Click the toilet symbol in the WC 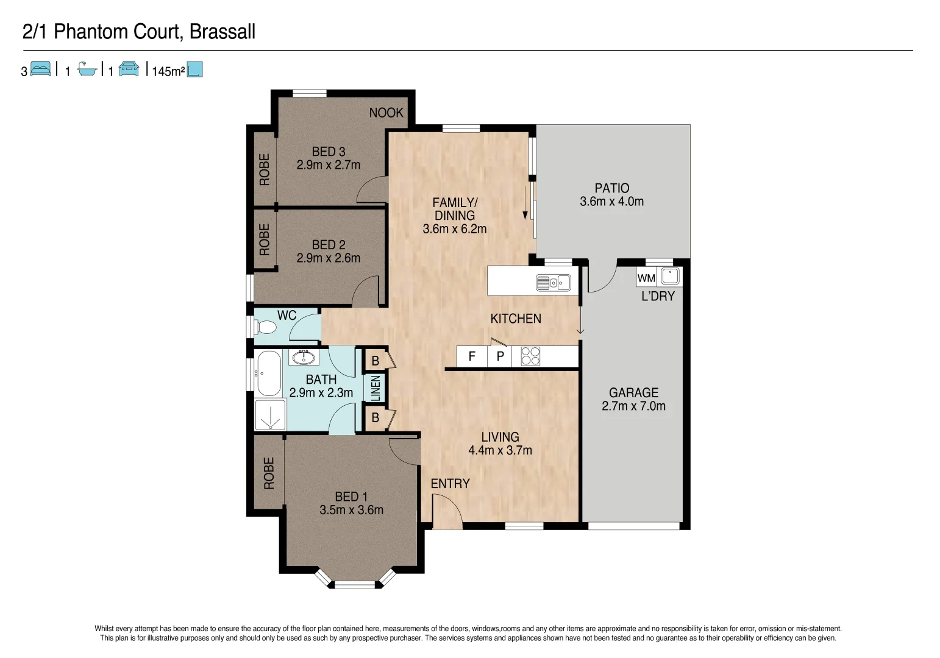(x=266, y=328)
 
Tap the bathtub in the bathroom (x=269, y=373)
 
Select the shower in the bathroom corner (x=269, y=416)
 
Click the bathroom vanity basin (x=303, y=357)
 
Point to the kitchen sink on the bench (x=553, y=283)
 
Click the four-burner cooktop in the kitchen (x=530, y=356)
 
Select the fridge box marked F (x=472, y=356)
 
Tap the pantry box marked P (x=500, y=356)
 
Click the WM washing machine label (x=646, y=278)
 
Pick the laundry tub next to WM (x=671, y=276)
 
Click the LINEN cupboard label (x=376, y=387)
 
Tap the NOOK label (x=386, y=113)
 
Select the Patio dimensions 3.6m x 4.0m (x=611, y=202)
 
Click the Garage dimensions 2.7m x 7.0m (x=633, y=406)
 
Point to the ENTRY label (x=450, y=484)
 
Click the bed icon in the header (x=41, y=69)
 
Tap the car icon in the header (x=129, y=69)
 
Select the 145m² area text (x=168, y=71)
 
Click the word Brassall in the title (x=222, y=32)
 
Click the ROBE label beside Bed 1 (x=269, y=473)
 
